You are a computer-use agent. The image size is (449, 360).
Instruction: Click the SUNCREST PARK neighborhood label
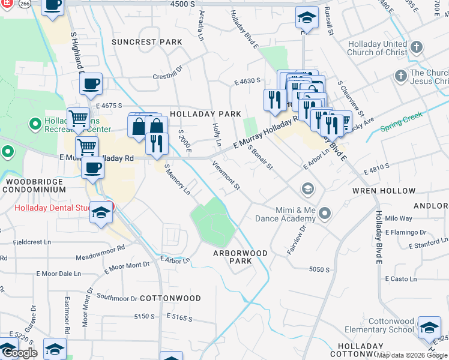pyautogui.click(x=146, y=42)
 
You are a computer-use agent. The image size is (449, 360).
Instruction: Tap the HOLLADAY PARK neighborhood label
pyautogui.click(x=205, y=113)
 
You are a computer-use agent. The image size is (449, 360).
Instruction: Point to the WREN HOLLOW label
pyautogui.click(x=392, y=191)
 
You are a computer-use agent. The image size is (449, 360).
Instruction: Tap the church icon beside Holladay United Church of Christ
pyautogui.click(x=417, y=46)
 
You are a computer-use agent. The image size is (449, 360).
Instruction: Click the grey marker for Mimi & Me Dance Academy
pyautogui.click(x=325, y=213)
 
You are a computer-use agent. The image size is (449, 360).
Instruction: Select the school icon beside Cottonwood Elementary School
pyautogui.click(x=429, y=327)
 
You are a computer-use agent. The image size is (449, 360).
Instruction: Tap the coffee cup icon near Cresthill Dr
pyautogui.click(x=91, y=85)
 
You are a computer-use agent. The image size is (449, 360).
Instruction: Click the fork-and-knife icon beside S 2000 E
pyautogui.click(x=157, y=143)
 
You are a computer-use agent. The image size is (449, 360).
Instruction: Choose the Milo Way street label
pyautogui.click(x=399, y=218)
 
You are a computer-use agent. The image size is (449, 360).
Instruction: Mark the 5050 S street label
pyautogui.click(x=319, y=269)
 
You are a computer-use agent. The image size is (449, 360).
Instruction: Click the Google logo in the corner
pyautogui.click(x=20, y=353)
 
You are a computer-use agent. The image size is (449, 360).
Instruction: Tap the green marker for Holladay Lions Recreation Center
pyautogui.click(x=35, y=125)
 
